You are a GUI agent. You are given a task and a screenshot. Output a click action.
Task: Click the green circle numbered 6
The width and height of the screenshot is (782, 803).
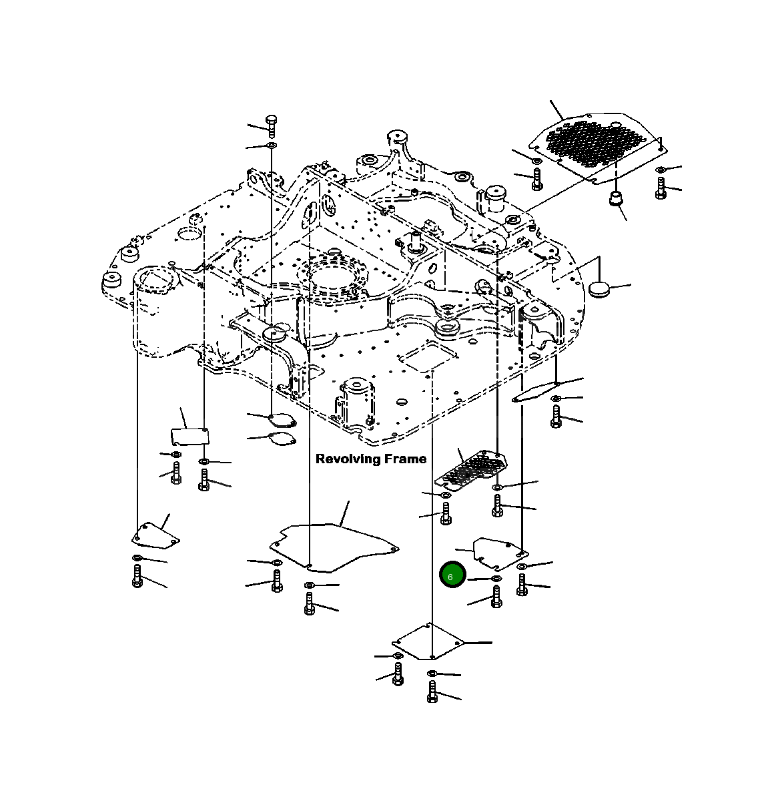coord(452,576)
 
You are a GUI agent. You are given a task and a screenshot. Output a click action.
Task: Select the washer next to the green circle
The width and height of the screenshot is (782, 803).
coord(496,578)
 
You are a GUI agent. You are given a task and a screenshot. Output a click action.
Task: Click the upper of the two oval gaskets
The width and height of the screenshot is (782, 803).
coord(281,420)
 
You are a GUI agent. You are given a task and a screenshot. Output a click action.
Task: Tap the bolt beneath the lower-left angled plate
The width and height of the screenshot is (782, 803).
coord(137,576)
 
